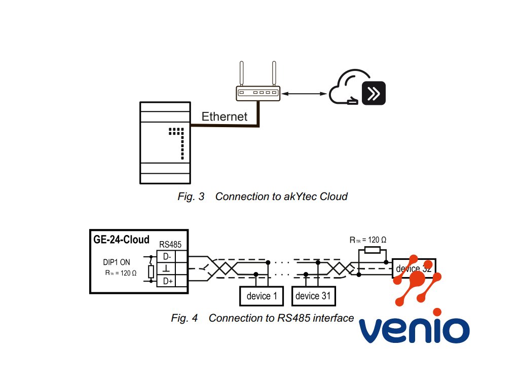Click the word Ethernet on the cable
[225, 116]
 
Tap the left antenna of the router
[242, 73]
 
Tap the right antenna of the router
[274, 73]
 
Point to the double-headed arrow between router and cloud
[304, 94]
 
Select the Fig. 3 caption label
[191, 197]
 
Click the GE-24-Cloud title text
[121, 240]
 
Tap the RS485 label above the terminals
[171, 245]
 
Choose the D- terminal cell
[166, 256]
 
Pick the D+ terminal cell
[166, 281]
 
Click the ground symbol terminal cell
[166, 268]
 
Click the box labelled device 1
[262, 296]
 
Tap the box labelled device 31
[314, 296]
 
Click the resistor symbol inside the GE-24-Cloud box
[151, 272]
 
